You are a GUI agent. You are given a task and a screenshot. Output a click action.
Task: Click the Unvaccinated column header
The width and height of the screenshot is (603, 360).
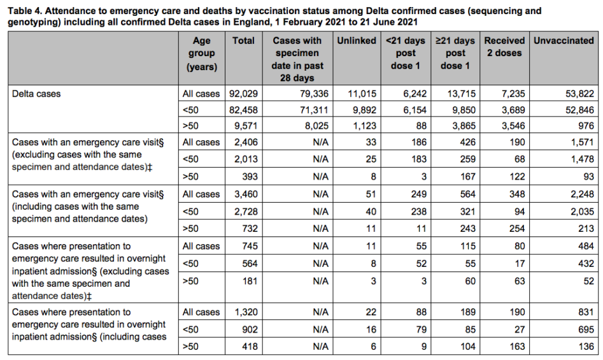tap(564, 41)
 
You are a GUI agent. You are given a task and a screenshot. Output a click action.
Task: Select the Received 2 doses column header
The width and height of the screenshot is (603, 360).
tap(505, 47)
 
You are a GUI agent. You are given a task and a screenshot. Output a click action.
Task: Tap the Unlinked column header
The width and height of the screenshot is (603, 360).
tap(355, 41)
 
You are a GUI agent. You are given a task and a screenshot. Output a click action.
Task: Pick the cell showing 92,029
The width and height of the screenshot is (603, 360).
tap(242, 93)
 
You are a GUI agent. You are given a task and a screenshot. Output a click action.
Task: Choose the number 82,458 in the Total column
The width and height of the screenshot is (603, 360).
tap(242, 110)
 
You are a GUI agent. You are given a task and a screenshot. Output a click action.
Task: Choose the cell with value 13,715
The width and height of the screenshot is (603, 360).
tap(455, 93)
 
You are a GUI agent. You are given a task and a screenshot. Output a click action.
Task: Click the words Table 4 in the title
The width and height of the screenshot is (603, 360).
tap(26, 10)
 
